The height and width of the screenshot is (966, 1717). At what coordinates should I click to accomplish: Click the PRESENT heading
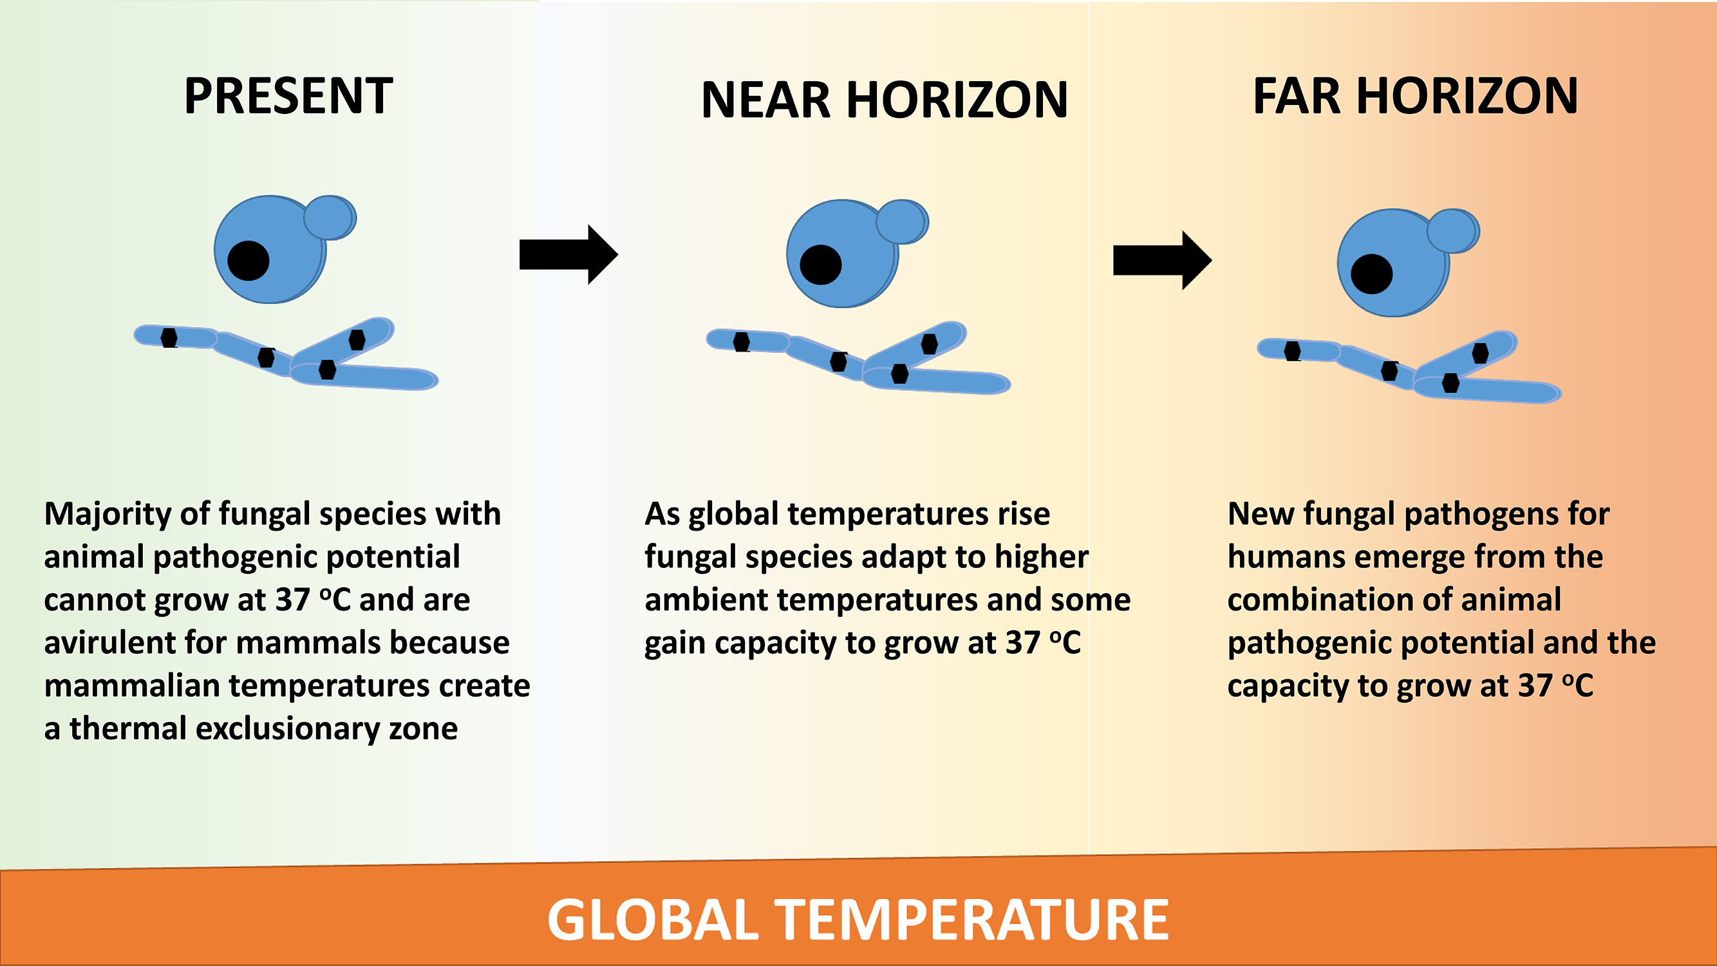tap(288, 96)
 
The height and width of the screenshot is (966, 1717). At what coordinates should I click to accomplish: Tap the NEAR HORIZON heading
tap(885, 100)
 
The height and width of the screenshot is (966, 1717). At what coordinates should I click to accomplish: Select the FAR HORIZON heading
tap(1416, 96)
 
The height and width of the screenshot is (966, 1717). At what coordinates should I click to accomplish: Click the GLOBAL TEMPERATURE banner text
tap(858, 920)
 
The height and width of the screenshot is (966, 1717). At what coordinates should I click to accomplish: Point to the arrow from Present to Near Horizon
tap(568, 254)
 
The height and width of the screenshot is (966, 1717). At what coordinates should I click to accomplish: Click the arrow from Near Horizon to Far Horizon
tap(1163, 260)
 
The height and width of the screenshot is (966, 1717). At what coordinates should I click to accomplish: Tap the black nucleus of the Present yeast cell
tap(248, 261)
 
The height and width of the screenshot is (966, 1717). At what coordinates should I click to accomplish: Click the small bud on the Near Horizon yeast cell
tap(902, 222)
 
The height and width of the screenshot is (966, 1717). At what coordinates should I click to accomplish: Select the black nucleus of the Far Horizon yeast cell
tap(1371, 274)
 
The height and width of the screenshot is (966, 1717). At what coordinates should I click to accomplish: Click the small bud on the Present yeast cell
tap(330, 217)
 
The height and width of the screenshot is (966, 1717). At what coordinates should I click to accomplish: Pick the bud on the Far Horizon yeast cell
tap(1453, 231)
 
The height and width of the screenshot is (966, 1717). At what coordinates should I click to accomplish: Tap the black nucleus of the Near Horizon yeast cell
tap(820, 265)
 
